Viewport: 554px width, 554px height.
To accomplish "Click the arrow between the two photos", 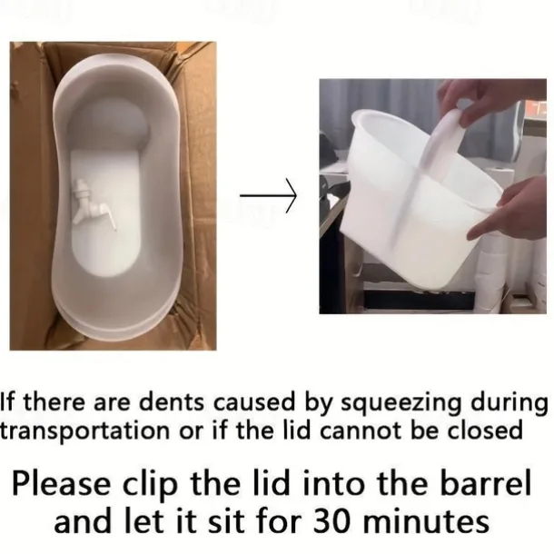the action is (268, 195).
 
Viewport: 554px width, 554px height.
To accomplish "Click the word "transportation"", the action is (84, 431).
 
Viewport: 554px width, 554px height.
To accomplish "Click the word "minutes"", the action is (427, 522).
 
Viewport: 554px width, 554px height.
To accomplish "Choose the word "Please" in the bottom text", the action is (61, 483).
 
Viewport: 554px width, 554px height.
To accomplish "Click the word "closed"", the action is (485, 430).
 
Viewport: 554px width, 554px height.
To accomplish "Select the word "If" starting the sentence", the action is (7, 401).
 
